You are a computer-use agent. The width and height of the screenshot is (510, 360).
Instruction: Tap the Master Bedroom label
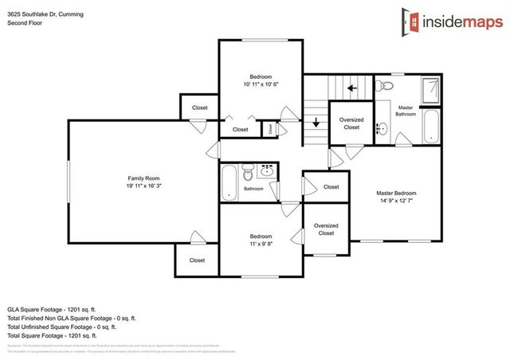coord(396,193)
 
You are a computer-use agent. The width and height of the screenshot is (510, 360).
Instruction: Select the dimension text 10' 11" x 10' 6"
coord(261,84)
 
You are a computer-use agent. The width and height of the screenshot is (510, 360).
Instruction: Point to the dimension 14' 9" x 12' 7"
coord(396,202)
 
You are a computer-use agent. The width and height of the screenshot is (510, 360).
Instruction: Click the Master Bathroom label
coord(406,110)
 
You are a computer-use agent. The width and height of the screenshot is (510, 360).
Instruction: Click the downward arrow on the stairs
coord(316,122)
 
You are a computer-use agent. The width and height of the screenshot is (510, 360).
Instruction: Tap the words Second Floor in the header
coord(26,23)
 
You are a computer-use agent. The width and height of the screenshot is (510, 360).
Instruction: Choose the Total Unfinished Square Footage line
coord(61,326)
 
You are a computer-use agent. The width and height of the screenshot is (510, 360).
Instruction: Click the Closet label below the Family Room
coord(197,260)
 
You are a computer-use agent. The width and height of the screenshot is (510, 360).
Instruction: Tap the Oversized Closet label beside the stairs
coord(351,123)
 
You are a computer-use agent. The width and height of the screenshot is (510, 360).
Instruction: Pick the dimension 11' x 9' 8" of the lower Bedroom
coord(261,245)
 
